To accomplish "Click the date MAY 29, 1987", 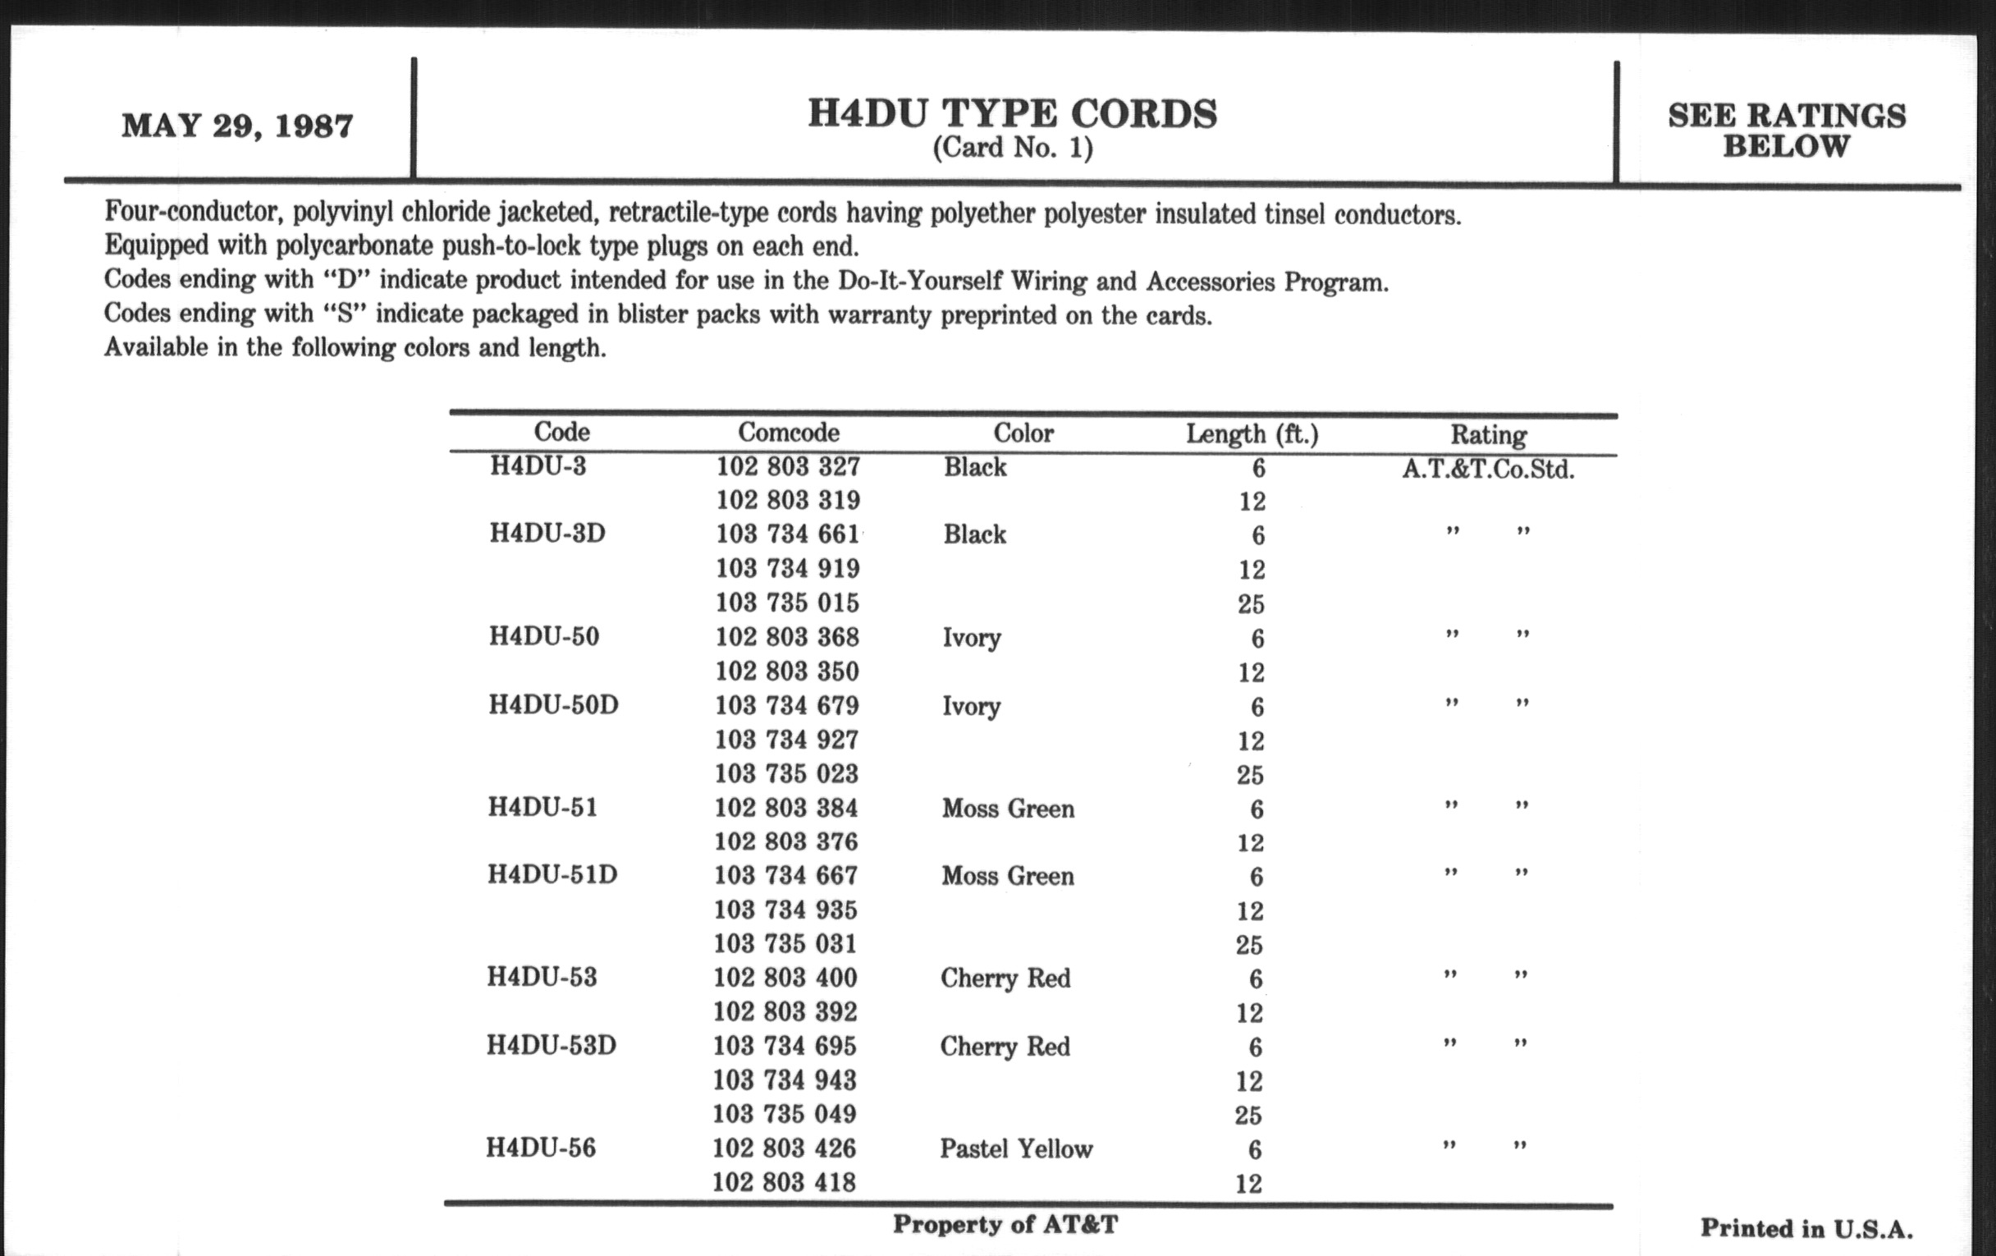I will point(237,126).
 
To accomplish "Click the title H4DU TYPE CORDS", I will point(1012,114).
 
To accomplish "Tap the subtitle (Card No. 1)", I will point(1012,149).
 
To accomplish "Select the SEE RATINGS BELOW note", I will point(1786,131).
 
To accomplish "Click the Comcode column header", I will point(788,432).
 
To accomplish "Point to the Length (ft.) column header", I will point(1252,433).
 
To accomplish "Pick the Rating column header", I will point(1488,434).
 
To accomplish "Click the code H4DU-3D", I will point(547,533).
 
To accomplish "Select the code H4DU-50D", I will point(553,704).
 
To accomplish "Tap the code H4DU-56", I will point(540,1148).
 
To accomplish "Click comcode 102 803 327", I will point(787,467).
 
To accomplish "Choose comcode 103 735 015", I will point(787,603).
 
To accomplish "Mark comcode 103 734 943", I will point(785,1080).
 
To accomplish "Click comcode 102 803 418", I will point(783,1182).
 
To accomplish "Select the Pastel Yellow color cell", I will point(1016,1149).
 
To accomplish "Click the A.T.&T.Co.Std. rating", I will point(1488,470).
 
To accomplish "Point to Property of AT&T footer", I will point(1005,1225).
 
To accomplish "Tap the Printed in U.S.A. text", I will point(1806,1229).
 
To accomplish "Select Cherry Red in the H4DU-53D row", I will point(1005,1046).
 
